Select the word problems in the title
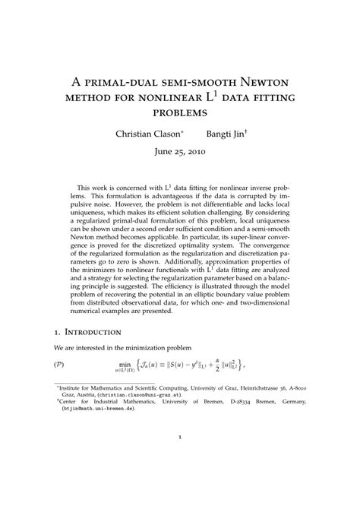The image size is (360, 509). point(179,112)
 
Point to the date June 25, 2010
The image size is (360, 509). point(179,151)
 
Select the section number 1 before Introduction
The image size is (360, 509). point(57,332)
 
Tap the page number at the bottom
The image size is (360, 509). point(179,459)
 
